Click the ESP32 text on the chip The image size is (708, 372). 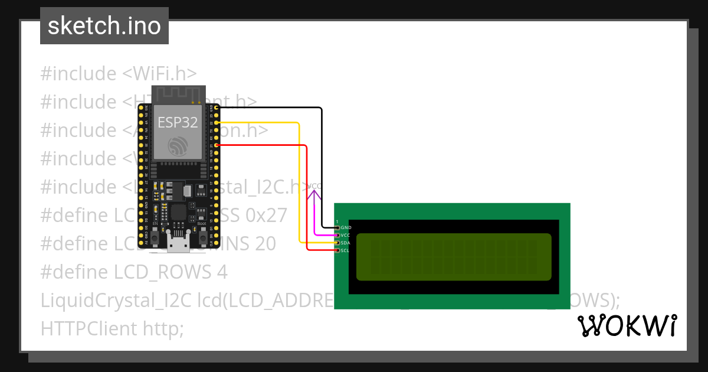click(x=177, y=122)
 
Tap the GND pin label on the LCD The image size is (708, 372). click(x=346, y=227)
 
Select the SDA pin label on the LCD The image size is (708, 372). click(x=346, y=243)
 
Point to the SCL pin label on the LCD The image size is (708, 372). click(x=346, y=250)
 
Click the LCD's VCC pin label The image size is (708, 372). click(x=346, y=235)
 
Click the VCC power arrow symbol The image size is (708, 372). click(x=315, y=187)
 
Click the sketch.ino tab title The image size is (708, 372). click(x=104, y=26)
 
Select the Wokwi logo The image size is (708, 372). click(x=627, y=325)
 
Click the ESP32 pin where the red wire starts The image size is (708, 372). click(x=217, y=145)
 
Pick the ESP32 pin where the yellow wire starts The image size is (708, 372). click(x=217, y=122)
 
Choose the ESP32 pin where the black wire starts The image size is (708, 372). click(x=217, y=107)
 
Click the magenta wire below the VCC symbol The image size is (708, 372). click(x=315, y=213)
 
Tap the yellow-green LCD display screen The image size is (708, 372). click(x=454, y=257)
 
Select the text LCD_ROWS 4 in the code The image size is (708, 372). click(x=171, y=272)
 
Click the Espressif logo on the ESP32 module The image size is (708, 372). click(x=177, y=146)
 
